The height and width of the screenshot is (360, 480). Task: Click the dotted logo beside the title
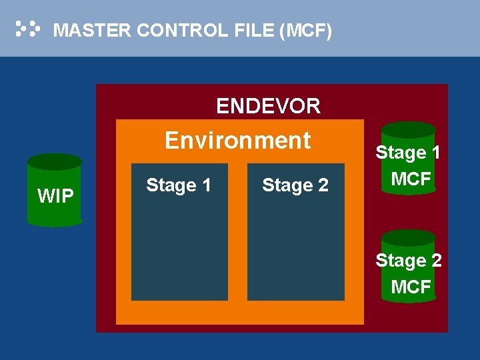pos(27,29)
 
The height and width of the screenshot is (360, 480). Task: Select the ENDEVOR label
pos(268,106)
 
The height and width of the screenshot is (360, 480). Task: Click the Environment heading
pos(238,141)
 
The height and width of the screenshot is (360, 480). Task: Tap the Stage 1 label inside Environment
pos(179,185)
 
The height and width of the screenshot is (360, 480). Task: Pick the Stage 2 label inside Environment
pos(295,185)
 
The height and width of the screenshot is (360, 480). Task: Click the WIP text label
pos(55,197)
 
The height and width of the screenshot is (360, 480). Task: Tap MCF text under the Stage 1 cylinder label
pos(411,179)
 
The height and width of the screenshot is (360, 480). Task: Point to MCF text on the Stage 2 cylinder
pos(411,287)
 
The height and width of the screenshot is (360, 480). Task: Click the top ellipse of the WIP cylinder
pos(55,162)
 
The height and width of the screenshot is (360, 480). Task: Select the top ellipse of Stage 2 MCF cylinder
pos(409,238)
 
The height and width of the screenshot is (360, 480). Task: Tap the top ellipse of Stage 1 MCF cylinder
pos(409,130)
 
